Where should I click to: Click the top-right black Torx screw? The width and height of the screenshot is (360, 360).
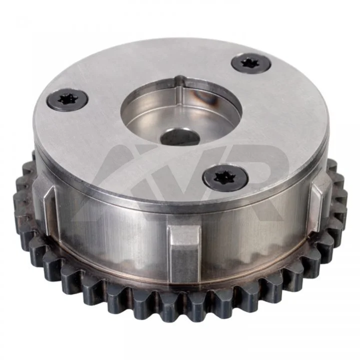(251, 63)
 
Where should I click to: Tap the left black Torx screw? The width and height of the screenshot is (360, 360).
(67, 100)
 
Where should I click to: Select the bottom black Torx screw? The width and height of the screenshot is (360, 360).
(225, 177)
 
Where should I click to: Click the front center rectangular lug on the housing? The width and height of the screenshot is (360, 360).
(184, 252)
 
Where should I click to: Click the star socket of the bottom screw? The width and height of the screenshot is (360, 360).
(222, 177)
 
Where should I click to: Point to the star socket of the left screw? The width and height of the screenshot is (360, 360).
(66, 99)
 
